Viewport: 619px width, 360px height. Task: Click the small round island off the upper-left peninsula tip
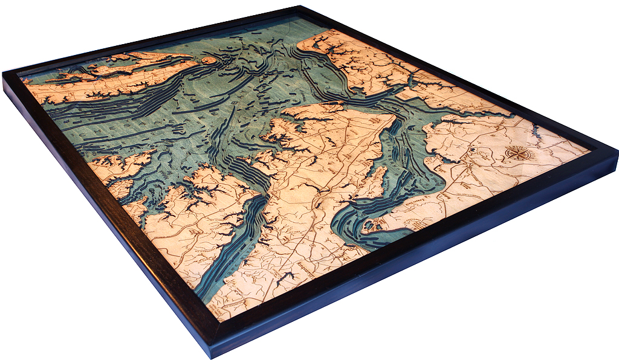coord(210,60)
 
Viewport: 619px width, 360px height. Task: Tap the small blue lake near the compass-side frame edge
coord(534,128)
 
